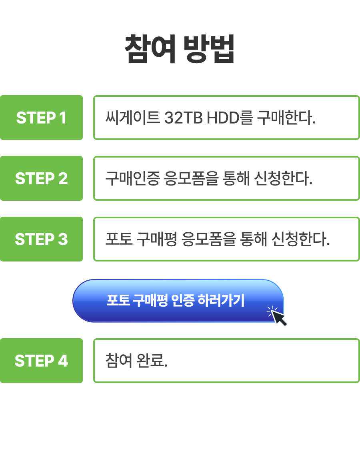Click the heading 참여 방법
180,49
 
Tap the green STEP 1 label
41,118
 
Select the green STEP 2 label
41,178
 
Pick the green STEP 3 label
41,239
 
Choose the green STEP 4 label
41,361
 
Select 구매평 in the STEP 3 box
156,239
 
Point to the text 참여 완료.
136,361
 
